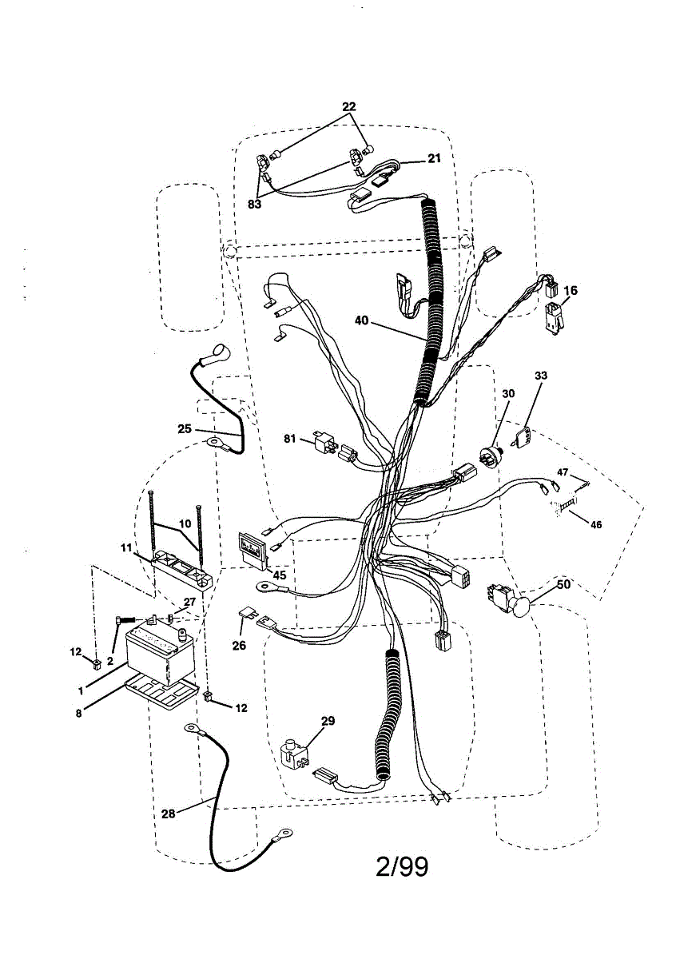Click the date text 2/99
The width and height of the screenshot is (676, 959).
(x=402, y=866)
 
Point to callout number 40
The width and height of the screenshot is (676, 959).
(x=362, y=320)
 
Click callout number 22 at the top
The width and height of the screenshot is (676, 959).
(x=349, y=107)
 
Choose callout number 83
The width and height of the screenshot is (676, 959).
(x=254, y=204)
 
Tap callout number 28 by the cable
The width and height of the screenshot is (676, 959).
(x=168, y=814)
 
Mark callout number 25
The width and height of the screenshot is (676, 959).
(x=185, y=428)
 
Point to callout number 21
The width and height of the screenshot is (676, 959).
(x=434, y=158)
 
